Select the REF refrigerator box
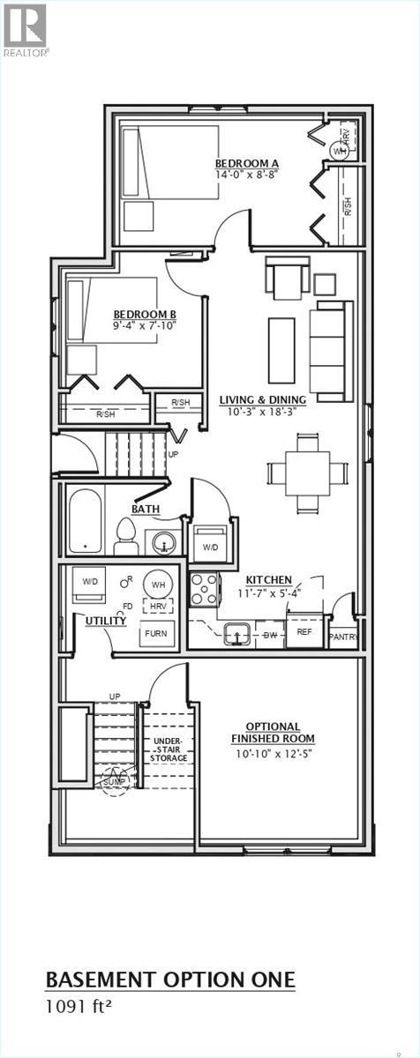coord(304,632)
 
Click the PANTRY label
coord(343,637)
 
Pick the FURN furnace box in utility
coord(156,633)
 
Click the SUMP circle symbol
coord(115,781)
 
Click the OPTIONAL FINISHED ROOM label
coord(273,733)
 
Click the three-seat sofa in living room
coord(330,350)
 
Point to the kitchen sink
coord(236,633)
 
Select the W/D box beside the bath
coord(211,546)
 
